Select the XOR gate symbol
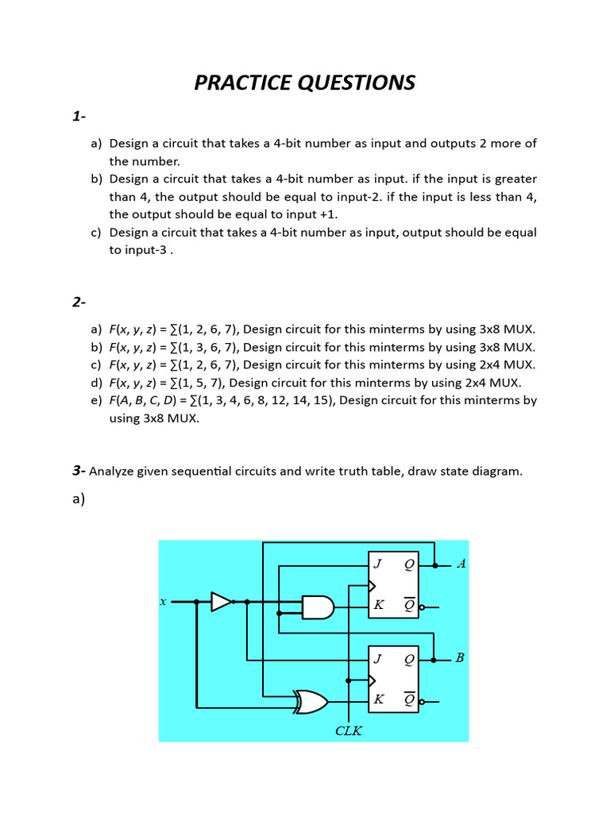pos(310,701)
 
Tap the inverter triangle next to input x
pos(221,602)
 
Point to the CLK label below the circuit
pos(349,730)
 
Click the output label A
pos(461,564)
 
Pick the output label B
pos(461,657)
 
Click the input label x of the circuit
pos(163,602)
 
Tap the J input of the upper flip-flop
pos(378,564)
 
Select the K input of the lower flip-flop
pos(378,699)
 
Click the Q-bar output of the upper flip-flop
pos(409,606)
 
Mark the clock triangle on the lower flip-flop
pos(372,680)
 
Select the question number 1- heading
pos(79,117)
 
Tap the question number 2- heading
pos(79,302)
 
